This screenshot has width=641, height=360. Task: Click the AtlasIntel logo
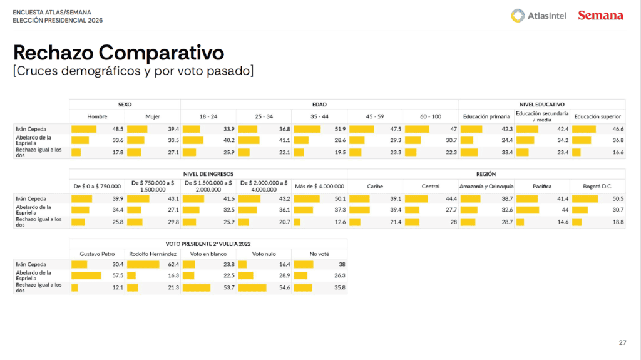click(x=538, y=16)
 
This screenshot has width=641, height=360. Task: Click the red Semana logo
click(x=600, y=16)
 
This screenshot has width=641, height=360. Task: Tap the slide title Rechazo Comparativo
click(x=118, y=51)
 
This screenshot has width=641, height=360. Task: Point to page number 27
click(x=622, y=342)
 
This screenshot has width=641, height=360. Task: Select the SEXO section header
click(x=125, y=104)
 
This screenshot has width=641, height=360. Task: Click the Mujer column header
click(x=153, y=116)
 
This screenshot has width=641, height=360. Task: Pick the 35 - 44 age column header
click(x=319, y=116)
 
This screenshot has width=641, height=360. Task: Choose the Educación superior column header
click(x=597, y=116)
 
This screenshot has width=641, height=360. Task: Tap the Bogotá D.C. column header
click(x=597, y=186)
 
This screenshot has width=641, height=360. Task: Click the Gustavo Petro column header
click(x=97, y=254)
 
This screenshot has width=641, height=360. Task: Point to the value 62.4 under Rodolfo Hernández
click(x=172, y=264)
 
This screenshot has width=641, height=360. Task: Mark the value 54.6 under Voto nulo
click(x=284, y=287)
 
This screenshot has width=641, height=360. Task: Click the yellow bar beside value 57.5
click(x=86, y=275)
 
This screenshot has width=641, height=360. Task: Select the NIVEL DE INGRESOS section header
click(x=208, y=173)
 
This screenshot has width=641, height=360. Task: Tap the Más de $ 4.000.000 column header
click(x=319, y=186)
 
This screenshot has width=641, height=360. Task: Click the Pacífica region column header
click(x=541, y=186)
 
